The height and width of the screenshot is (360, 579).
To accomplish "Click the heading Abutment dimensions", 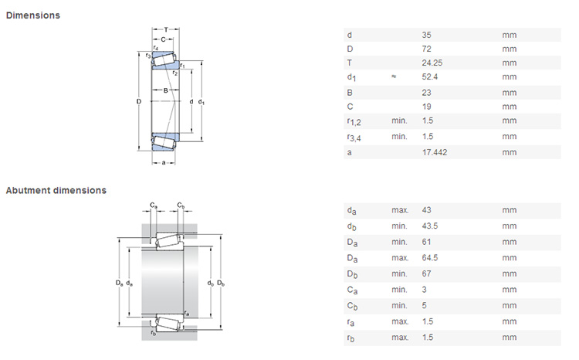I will (x=56, y=190).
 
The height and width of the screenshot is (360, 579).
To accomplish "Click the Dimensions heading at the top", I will (x=33, y=15).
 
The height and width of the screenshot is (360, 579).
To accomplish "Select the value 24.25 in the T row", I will (x=432, y=63).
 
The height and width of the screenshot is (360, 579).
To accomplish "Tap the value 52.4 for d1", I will (x=430, y=77).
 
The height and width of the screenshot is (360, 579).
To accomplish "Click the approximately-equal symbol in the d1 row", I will (x=394, y=77).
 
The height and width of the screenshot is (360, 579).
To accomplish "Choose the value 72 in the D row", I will (x=427, y=49).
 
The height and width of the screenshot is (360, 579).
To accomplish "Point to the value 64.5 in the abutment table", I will (x=430, y=257).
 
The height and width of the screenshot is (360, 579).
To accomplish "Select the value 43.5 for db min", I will (x=430, y=226).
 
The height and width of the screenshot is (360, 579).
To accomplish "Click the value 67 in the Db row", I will (x=427, y=273).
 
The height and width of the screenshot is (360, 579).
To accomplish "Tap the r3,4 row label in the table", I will (x=356, y=138).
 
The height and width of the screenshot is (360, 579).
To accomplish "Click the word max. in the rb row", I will (x=399, y=338).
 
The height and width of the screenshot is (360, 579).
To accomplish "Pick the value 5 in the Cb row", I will (x=425, y=305).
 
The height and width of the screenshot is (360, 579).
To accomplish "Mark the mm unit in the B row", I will (x=509, y=92).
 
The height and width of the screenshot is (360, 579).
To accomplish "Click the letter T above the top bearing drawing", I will (x=165, y=29).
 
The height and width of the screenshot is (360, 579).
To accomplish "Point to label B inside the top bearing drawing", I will (x=164, y=90).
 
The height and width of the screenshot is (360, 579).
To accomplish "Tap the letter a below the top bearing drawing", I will (x=164, y=162).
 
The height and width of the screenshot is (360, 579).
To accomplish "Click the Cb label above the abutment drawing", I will (x=181, y=205).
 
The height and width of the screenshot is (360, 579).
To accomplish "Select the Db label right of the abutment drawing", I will (x=221, y=284).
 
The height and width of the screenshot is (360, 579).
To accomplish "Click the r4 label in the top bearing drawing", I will (x=156, y=48).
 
